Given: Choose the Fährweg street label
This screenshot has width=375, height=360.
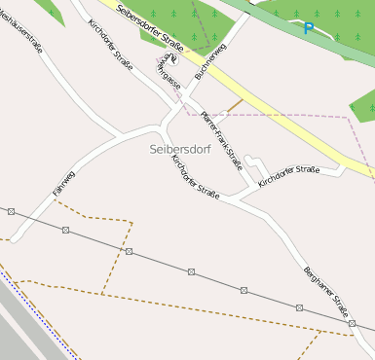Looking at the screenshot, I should point(64,184).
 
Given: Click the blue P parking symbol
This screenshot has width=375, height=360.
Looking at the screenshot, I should point(308,29).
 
